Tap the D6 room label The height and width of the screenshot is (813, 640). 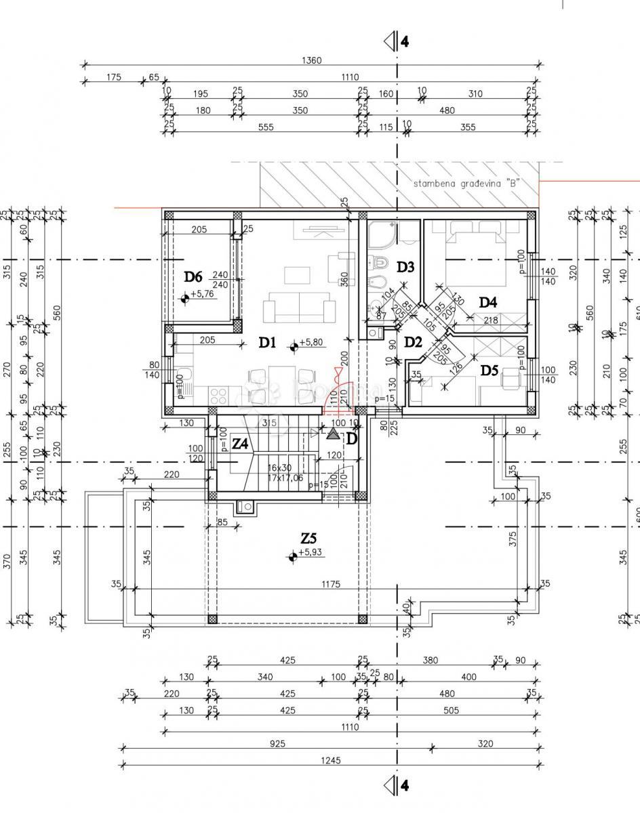(x=194, y=277)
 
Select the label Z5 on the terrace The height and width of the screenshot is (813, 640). (x=308, y=539)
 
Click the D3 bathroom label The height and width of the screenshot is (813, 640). (x=405, y=267)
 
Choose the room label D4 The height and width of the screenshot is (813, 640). (x=488, y=302)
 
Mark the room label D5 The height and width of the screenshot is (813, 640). (x=489, y=370)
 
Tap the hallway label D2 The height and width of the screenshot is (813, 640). (x=414, y=342)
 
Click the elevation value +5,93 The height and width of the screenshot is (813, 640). (x=311, y=553)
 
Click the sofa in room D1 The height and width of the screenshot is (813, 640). (x=300, y=308)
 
